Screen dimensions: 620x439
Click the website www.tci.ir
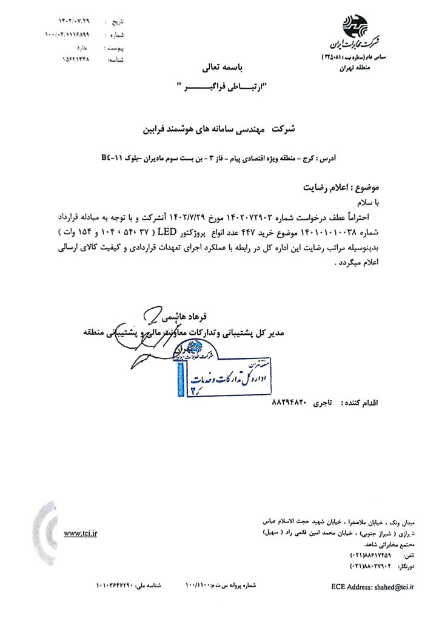click(x=80, y=533)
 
